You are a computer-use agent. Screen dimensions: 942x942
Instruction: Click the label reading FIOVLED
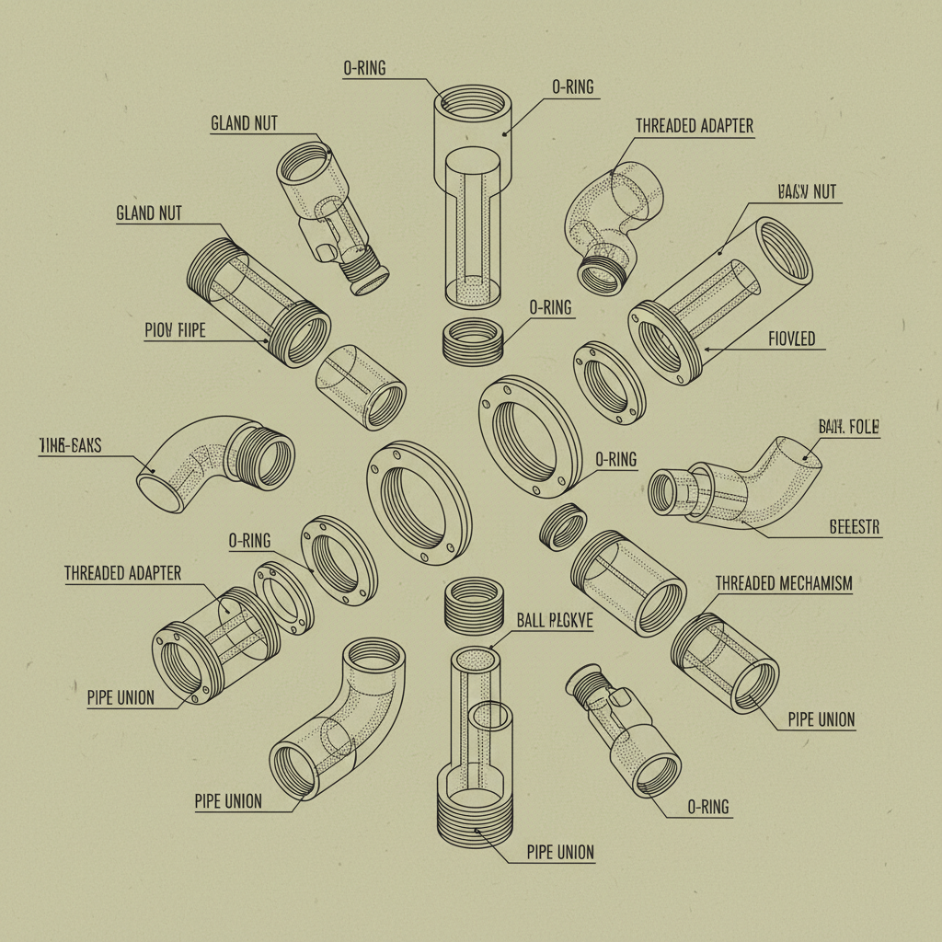pyautogui.click(x=791, y=339)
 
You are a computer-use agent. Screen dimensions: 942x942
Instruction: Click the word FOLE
pyautogui.click(x=863, y=428)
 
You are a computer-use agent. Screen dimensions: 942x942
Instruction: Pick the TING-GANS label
pyautogui.click(x=71, y=447)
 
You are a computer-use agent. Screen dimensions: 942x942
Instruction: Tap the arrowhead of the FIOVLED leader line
pyautogui.click(x=704, y=349)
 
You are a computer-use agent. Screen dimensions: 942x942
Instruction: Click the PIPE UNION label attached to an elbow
pyautogui.click(x=228, y=801)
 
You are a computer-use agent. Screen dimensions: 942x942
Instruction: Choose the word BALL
pyautogui.click(x=531, y=622)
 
